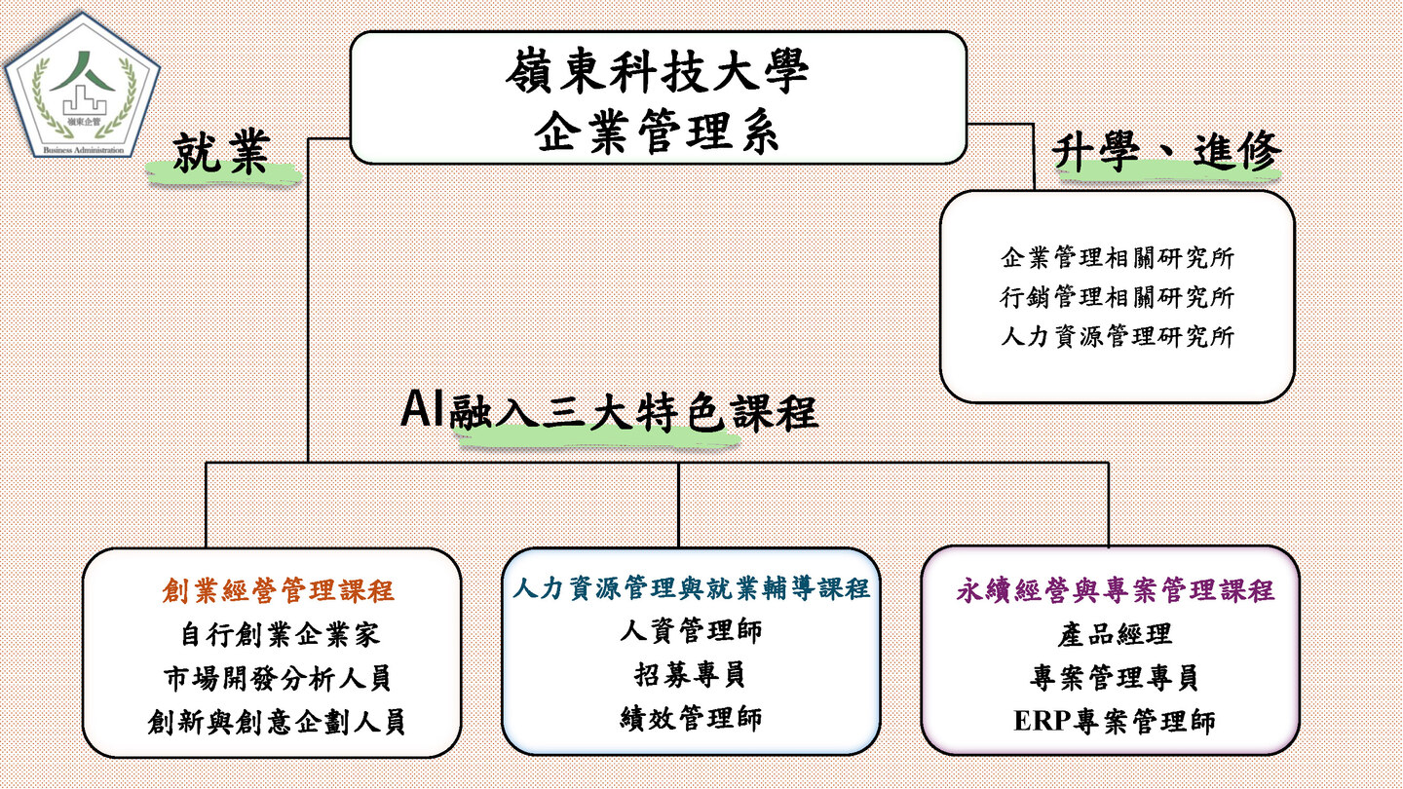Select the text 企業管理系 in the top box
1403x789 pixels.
(x=658, y=131)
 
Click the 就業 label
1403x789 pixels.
(x=221, y=154)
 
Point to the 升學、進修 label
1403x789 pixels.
(x=1167, y=153)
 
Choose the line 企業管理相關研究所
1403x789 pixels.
(x=1118, y=258)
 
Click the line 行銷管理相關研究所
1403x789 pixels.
(x=1118, y=297)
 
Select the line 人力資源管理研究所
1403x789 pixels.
(x=1118, y=337)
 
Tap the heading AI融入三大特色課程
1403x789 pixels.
(x=610, y=412)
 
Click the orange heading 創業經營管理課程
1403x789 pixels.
(x=278, y=591)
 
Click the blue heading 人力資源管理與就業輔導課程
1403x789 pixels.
(x=691, y=588)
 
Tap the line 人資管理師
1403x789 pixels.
(x=691, y=630)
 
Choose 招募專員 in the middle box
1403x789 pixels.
(x=691, y=674)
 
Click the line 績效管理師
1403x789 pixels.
(x=691, y=719)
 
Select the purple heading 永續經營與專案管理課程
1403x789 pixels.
(x=1115, y=590)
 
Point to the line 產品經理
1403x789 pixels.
(x=1115, y=634)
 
